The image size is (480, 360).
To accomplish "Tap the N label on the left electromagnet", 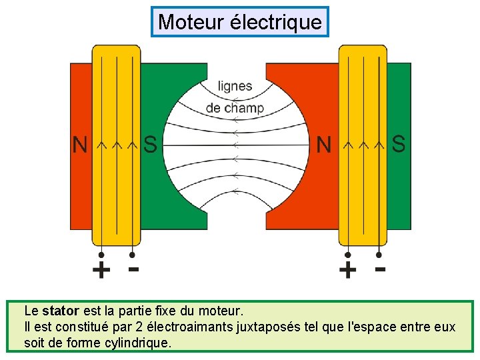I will click(x=81, y=145).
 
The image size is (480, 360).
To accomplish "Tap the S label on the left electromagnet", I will click(x=151, y=145).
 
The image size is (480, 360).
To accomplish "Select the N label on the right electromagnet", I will click(x=324, y=145).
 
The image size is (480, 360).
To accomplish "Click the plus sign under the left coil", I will click(x=101, y=271).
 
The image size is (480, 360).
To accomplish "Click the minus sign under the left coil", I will click(x=133, y=269).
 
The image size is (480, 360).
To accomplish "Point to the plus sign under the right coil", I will click(x=347, y=271).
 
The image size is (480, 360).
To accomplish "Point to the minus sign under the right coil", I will click(x=380, y=269).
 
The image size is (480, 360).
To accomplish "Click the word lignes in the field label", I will click(x=235, y=86).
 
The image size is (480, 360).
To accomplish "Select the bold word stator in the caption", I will click(x=61, y=311).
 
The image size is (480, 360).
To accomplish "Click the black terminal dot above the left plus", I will click(x=101, y=255).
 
